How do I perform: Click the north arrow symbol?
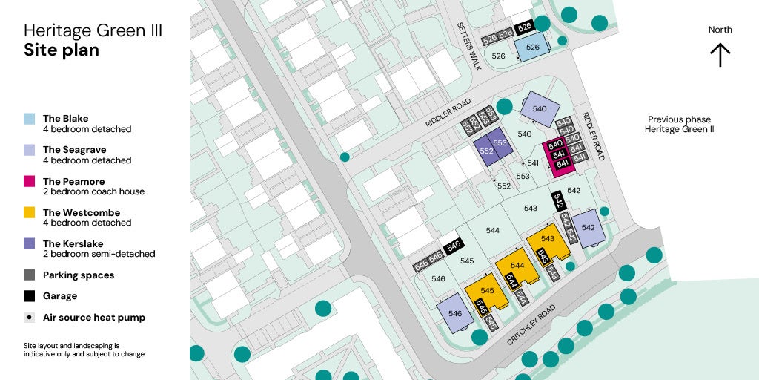720,55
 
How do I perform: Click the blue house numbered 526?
532,47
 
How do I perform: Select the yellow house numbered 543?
548,239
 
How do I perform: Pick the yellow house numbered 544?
517,266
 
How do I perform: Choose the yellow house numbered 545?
486,291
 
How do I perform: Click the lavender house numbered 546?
455,315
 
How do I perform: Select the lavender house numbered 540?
540,109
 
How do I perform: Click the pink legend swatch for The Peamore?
30,181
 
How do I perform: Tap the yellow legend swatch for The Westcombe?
30,212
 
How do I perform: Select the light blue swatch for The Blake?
30,119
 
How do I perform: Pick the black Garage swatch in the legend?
30,295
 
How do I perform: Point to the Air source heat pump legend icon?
30,318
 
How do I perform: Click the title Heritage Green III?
93,31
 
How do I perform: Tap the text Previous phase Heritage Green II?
678,124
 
